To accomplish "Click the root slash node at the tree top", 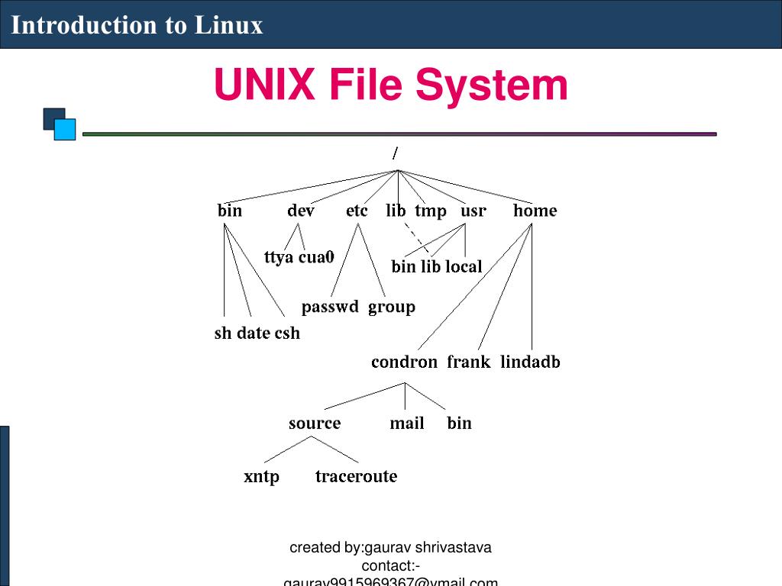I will coord(395,153).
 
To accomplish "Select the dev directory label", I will coord(300,211).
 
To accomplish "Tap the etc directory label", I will coord(357,211).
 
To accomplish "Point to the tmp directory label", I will coord(431,211).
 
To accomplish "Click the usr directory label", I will coord(473,211).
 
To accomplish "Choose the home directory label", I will coord(535,211).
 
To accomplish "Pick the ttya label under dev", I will coord(279,257).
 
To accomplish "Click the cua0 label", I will coord(316,257).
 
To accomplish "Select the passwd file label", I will coord(330,307).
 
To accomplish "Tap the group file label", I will coord(392,307).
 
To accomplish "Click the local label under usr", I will coord(464,266).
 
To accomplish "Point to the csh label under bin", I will coord(287,333).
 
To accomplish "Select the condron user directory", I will coord(404,362).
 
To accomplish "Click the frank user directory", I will coord(468,362).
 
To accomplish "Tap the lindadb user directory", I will coord(530,362).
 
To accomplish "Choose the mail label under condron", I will coord(406,423).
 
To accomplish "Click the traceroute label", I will coord(356,476).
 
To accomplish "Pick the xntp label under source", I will coord(261,477).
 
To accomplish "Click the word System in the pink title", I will coord(492,85).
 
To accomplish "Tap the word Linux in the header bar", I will coord(228,25).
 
